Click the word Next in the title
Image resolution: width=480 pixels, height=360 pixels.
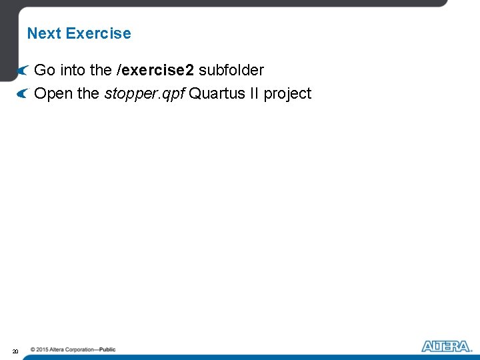pyautogui.click(x=44, y=33)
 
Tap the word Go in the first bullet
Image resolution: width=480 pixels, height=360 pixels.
pyautogui.click(x=45, y=70)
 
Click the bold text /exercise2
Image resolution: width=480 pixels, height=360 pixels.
pyautogui.click(x=155, y=70)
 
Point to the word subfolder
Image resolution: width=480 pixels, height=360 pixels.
pyautogui.click(x=231, y=70)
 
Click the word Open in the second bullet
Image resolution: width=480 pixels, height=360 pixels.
pyautogui.click(x=53, y=93)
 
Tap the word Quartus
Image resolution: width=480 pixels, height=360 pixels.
pyautogui.click(x=214, y=93)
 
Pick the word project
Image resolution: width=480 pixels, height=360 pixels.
pyautogui.click(x=287, y=93)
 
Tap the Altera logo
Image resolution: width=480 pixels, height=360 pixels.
pyautogui.click(x=447, y=346)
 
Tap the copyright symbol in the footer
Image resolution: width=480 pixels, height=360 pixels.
pyautogui.click(x=33, y=349)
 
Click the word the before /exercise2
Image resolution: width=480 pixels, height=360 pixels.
pyautogui.click(x=102, y=70)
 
